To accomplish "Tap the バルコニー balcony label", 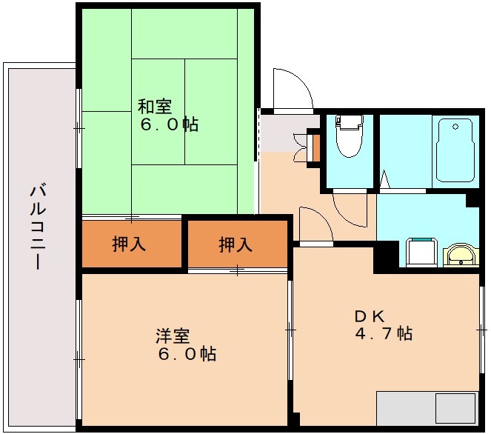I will click(37, 226).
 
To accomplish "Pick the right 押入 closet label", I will click(236, 244).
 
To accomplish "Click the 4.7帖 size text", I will click(384, 333).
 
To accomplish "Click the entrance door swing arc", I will click(293, 90).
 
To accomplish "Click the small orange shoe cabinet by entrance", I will click(314, 147).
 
